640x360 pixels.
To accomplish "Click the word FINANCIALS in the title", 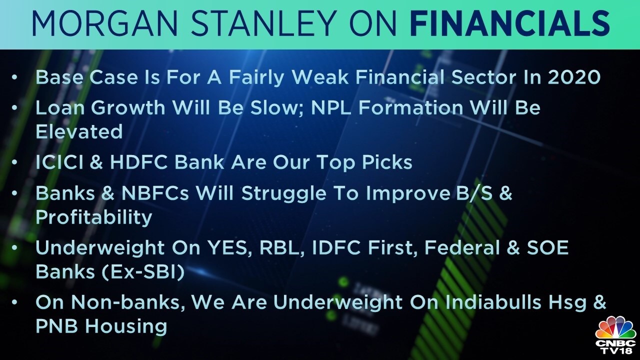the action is click(x=511, y=24).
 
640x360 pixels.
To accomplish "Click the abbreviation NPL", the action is click(x=331, y=108).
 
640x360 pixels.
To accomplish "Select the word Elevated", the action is click(x=79, y=131).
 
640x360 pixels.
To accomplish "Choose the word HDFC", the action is click(x=139, y=162).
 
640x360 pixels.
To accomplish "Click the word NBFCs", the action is click(x=155, y=193).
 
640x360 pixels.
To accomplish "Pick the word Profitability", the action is click(x=93, y=217).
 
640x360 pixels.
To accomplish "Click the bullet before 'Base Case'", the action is click(x=14, y=77).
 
